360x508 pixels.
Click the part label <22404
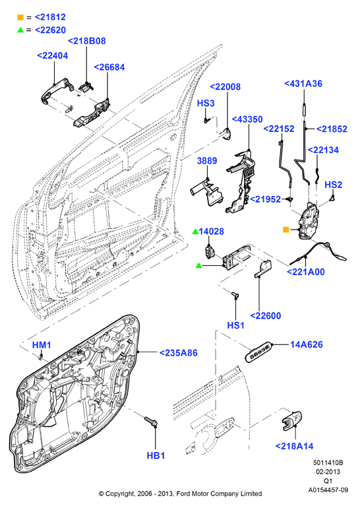[x=53, y=55]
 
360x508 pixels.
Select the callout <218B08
[x=87, y=41]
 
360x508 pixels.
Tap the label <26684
[x=109, y=67]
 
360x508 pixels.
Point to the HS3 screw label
[x=206, y=103]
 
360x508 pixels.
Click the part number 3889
[x=207, y=161]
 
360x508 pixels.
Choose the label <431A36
[x=303, y=84]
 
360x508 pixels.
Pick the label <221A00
[x=306, y=272]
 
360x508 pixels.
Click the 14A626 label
[x=306, y=344]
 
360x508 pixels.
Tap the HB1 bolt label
[x=156, y=455]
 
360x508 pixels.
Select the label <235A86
[x=179, y=353]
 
